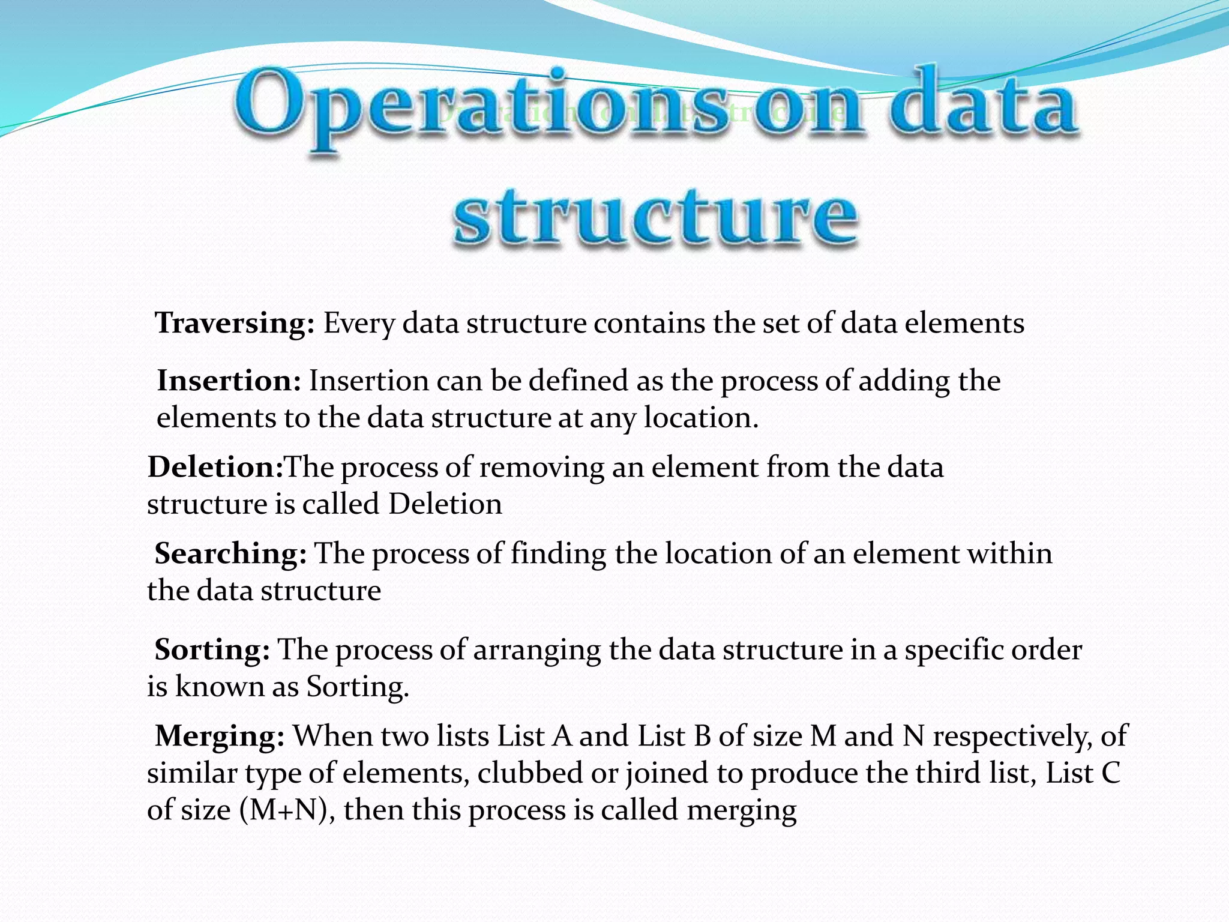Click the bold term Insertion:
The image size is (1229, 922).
[x=229, y=381]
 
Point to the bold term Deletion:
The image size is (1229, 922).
[x=215, y=467]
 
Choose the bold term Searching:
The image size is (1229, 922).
[x=230, y=553]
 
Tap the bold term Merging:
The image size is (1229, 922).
[x=220, y=736]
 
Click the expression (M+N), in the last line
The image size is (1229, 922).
[x=287, y=810]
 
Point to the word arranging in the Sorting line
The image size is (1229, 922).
[x=536, y=651]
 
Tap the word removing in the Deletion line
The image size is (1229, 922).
[x=541, y=468]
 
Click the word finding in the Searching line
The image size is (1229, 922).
[x=558, y=553]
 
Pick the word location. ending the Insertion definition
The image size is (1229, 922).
[x=701, y=418]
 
